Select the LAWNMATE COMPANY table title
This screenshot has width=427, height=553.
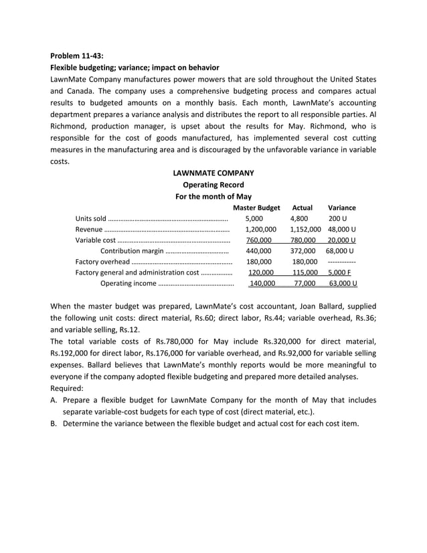(x=213, y=173)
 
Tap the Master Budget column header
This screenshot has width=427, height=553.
(x=256, y=208)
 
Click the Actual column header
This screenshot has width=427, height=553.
(x=303, y=208)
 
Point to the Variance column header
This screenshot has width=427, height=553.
(x=341, y=208)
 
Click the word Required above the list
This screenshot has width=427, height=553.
(x=66, y=388)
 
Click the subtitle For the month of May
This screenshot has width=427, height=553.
(x=213, y=196)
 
